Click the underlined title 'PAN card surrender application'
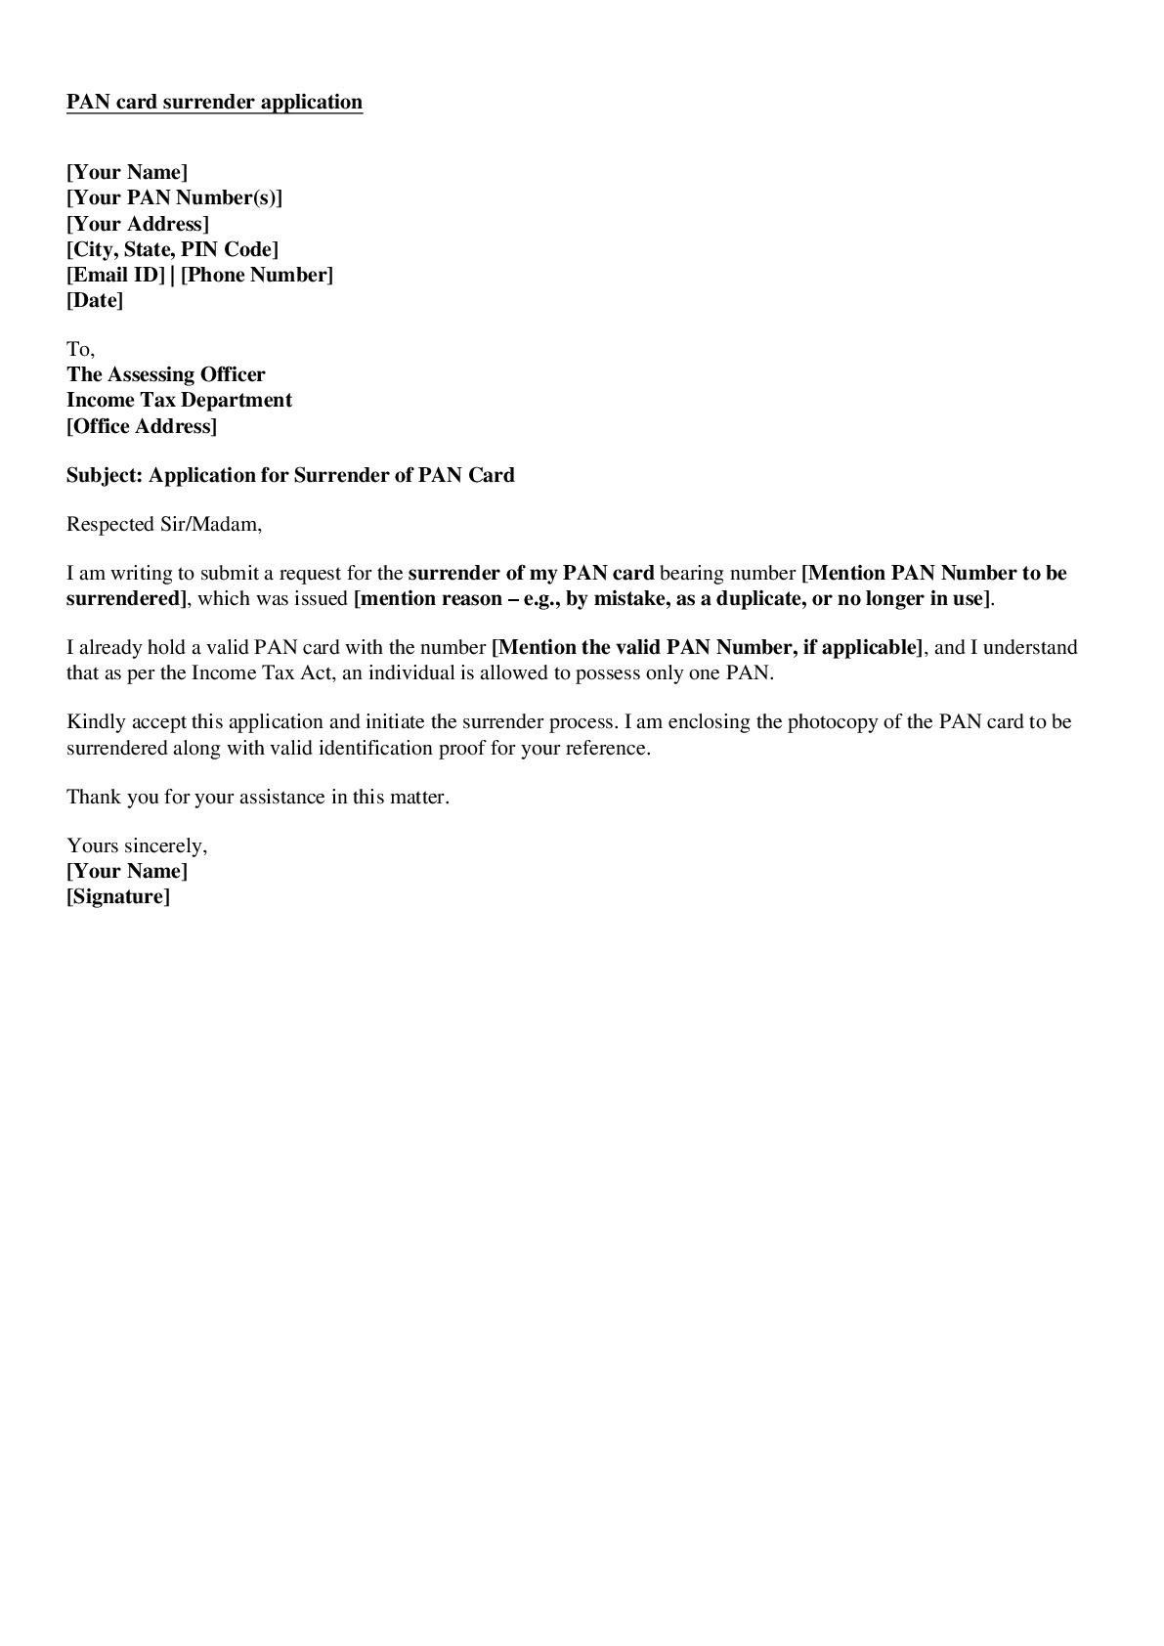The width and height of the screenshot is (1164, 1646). [214, 102]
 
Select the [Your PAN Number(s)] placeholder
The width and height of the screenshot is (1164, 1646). [174, 197]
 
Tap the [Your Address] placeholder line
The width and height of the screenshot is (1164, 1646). [138, 224]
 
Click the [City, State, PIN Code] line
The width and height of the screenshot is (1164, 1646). [172, 249]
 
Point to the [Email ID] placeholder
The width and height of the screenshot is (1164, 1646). [115, 275]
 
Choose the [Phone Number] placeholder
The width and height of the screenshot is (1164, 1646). [257, 275]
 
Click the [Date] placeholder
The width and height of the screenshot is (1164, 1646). [95, 300]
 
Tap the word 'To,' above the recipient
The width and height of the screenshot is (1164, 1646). [80, 349]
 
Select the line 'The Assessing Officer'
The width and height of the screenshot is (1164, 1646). [166, 374]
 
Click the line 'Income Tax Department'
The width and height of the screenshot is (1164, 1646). [179, 400]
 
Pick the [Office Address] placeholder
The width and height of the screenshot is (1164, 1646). [142, 426]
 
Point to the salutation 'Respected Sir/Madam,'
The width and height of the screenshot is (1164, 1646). [164, 524]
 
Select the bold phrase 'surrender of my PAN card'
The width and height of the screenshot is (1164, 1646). [531, 573]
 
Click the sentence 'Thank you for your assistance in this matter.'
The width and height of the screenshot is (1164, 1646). [258, 797]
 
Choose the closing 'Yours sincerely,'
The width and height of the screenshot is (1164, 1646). [137, 845]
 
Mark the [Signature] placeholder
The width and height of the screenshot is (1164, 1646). [118, 896]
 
